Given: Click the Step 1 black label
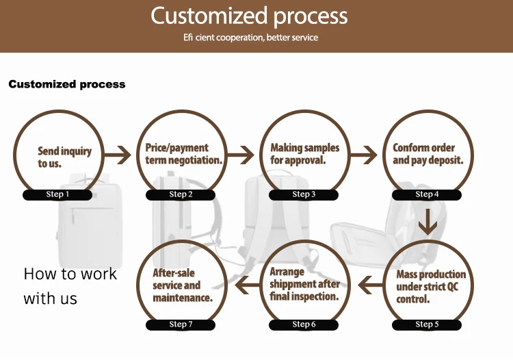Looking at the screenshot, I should [57, 194].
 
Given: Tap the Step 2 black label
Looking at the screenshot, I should [181, 194].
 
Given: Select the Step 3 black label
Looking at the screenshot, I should [304, 194].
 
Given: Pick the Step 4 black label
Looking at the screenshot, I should [427, 194].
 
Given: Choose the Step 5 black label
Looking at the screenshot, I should [427, 324].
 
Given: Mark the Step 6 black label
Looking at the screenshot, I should [304, 324].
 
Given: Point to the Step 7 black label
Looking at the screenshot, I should [181, 324].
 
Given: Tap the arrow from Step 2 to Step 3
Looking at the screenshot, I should [241, 155].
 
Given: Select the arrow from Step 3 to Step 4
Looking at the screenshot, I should [364, 155].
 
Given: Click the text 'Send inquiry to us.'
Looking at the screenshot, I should [64, 157].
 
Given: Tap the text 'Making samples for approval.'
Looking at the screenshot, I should [304, 154].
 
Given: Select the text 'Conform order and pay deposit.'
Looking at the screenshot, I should [428, 154].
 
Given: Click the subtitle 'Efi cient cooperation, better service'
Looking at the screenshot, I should [250, 37].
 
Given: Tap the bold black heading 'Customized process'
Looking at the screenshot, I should [67, 84].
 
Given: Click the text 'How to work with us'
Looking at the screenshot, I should [70, 286].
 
